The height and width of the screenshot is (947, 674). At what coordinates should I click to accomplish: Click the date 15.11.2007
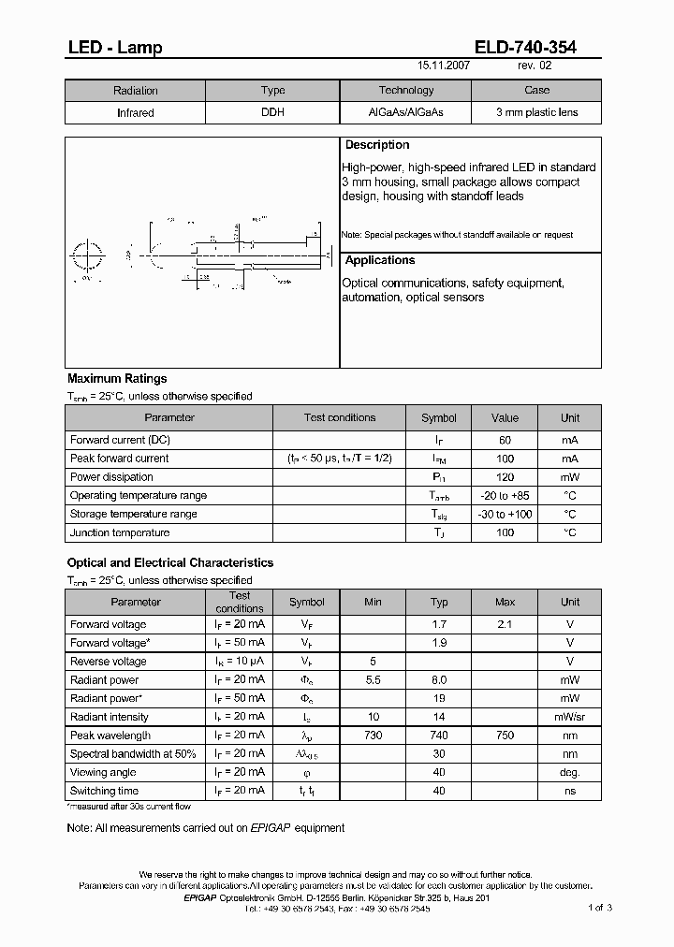click(444, 67)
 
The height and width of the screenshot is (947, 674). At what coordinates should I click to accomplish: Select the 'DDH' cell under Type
click(272, 112)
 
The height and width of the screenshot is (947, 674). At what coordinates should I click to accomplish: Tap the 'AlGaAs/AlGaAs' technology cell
click(405, 112)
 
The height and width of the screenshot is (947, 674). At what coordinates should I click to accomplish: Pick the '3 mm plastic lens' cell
click(536, 112)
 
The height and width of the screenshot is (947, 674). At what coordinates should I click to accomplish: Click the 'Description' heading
click(377, 145)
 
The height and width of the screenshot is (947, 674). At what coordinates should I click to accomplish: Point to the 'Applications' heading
click(380, 260)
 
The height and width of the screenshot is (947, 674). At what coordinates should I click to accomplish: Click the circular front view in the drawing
click(88, 254)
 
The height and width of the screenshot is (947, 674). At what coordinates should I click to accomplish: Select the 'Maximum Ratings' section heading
click(117, 379)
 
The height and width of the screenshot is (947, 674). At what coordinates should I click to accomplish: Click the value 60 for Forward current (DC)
click(505, 440)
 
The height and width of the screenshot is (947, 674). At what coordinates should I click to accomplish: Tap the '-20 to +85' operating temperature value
click(505, 496)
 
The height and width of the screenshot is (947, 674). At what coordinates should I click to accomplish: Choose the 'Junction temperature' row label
click(120, 533)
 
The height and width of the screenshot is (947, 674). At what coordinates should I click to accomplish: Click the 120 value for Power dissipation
click(505, 477)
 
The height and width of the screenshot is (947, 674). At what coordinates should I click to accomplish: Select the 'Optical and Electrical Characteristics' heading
click(170, 563)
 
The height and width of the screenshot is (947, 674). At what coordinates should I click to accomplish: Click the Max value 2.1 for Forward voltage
click(505, 624)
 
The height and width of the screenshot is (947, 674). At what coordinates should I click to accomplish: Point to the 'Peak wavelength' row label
click(110, 736)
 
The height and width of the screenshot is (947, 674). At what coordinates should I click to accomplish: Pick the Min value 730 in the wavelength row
click(373, 736)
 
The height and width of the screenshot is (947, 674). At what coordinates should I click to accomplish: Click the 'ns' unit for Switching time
click(570, 792)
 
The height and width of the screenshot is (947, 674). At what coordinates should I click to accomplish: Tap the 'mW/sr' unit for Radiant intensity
click(570, 717)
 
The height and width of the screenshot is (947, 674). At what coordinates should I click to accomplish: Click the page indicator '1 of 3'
click(599, 908)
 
